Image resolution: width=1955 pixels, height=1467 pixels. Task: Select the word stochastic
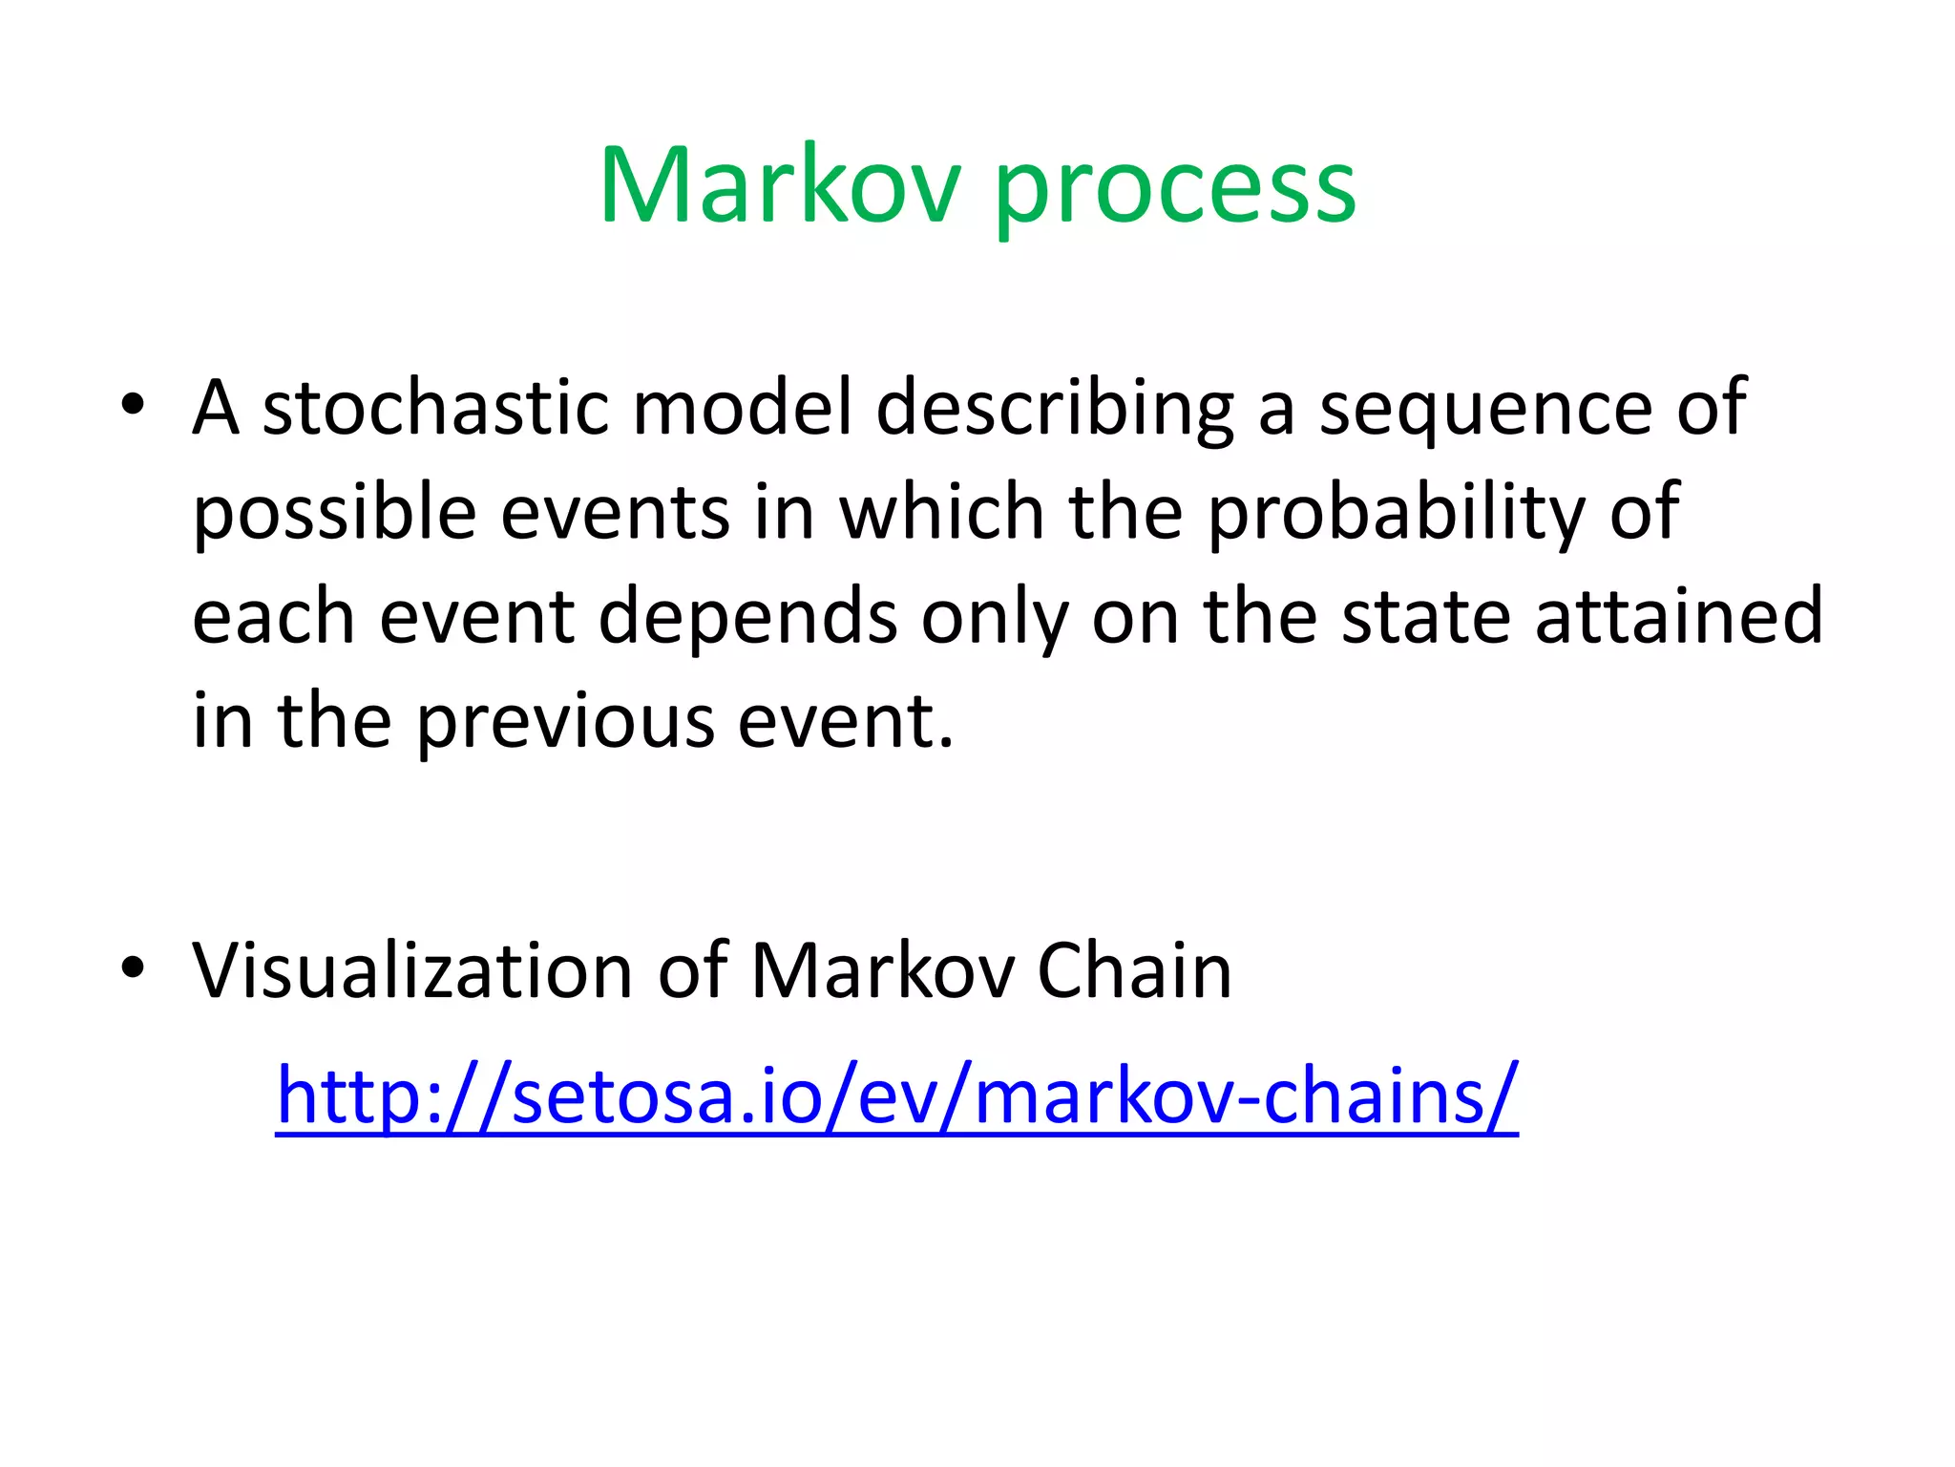435,408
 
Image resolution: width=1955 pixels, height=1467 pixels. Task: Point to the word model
742,408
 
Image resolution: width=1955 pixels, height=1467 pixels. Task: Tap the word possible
334,514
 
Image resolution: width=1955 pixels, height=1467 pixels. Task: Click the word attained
1679,617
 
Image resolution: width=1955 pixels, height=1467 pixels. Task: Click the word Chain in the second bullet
1134,971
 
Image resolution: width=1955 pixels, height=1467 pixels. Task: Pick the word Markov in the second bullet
883,971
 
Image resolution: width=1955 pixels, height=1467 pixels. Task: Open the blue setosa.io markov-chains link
896,1096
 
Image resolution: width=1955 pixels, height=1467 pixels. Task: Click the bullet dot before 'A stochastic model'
133,405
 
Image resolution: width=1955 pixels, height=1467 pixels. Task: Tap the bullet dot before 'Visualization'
133,968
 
